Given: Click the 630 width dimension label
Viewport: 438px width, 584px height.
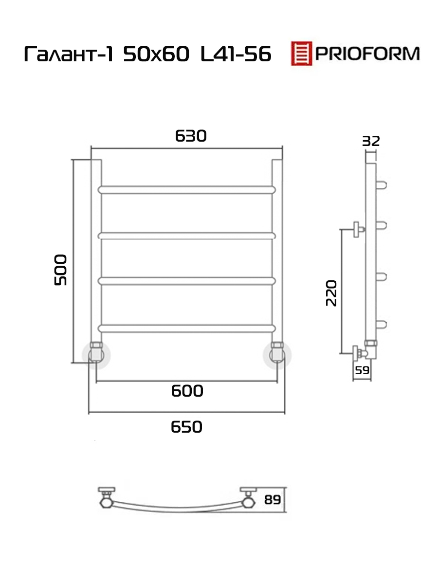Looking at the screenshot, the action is (191, 136).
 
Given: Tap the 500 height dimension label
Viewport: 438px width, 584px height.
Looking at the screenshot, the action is (60, 270).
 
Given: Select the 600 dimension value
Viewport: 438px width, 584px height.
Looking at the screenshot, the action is (187, 391).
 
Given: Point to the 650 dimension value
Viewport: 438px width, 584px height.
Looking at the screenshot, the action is (186, 427).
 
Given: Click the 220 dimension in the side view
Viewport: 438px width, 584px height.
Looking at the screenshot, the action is (331, 293).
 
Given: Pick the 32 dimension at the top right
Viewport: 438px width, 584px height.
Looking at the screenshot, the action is (371, 141).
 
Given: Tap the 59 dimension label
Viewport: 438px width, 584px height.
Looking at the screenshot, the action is (362, 370).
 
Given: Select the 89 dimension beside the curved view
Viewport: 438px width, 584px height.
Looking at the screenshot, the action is (273, 500).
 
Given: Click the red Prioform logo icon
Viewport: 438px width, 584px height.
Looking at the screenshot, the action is (301, 53).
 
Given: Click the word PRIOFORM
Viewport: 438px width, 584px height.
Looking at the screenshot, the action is (367, 54).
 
